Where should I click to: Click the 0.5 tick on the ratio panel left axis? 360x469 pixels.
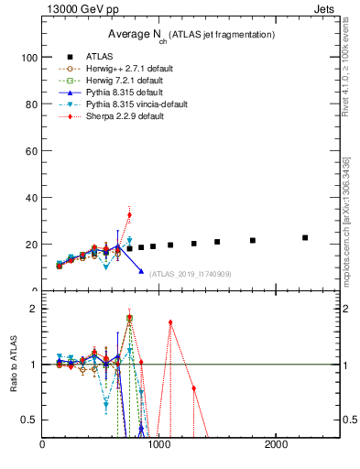30,420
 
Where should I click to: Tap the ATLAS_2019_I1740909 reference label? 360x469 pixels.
191,273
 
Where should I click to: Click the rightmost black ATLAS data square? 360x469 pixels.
305,237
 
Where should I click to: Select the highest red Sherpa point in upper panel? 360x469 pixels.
129,214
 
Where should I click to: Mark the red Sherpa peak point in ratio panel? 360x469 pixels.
170,322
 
